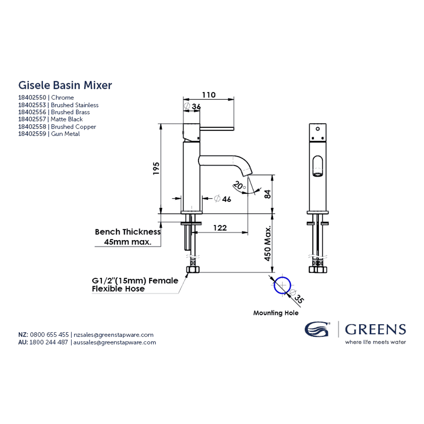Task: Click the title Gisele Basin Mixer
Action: [65, 85]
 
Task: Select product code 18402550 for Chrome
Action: [32, 98]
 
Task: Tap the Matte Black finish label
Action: [67, 119]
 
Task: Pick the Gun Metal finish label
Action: [65, 134]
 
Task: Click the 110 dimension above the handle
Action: [209, 95]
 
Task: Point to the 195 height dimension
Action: [156, 168]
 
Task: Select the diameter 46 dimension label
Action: [223, 199]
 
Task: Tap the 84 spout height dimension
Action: [267, 194]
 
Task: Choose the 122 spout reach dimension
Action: [220, 228]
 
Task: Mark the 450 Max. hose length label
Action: [267, 243]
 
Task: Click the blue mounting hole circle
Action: [282, 285]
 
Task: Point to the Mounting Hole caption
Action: [276, 313]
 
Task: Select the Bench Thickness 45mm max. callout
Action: [128, 237]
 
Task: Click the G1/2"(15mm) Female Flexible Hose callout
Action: [135, 285]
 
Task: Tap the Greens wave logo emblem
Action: [317, 329]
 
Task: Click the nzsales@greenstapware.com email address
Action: [114, 335]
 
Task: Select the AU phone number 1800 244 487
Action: [49, 342]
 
